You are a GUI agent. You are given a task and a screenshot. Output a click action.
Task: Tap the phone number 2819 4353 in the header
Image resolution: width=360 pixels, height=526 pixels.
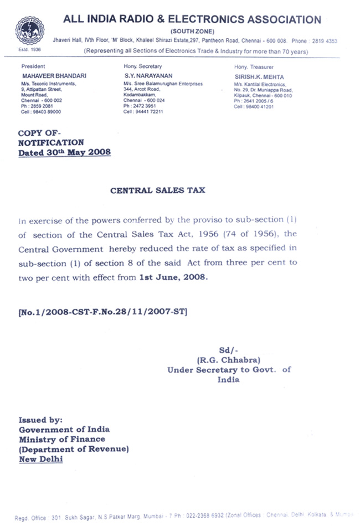[x=325, y=41]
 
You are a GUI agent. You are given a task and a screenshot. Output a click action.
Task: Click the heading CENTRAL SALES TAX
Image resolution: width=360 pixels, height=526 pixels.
[x=157, y=190]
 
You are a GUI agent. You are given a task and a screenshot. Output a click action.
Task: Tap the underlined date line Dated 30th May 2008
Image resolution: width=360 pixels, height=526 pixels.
[x=64, y=152]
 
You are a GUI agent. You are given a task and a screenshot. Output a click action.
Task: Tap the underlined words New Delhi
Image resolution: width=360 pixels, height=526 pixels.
[x=41, y=459]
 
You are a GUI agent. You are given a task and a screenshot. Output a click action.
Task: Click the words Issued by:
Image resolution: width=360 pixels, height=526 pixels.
[x=41, y=420]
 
